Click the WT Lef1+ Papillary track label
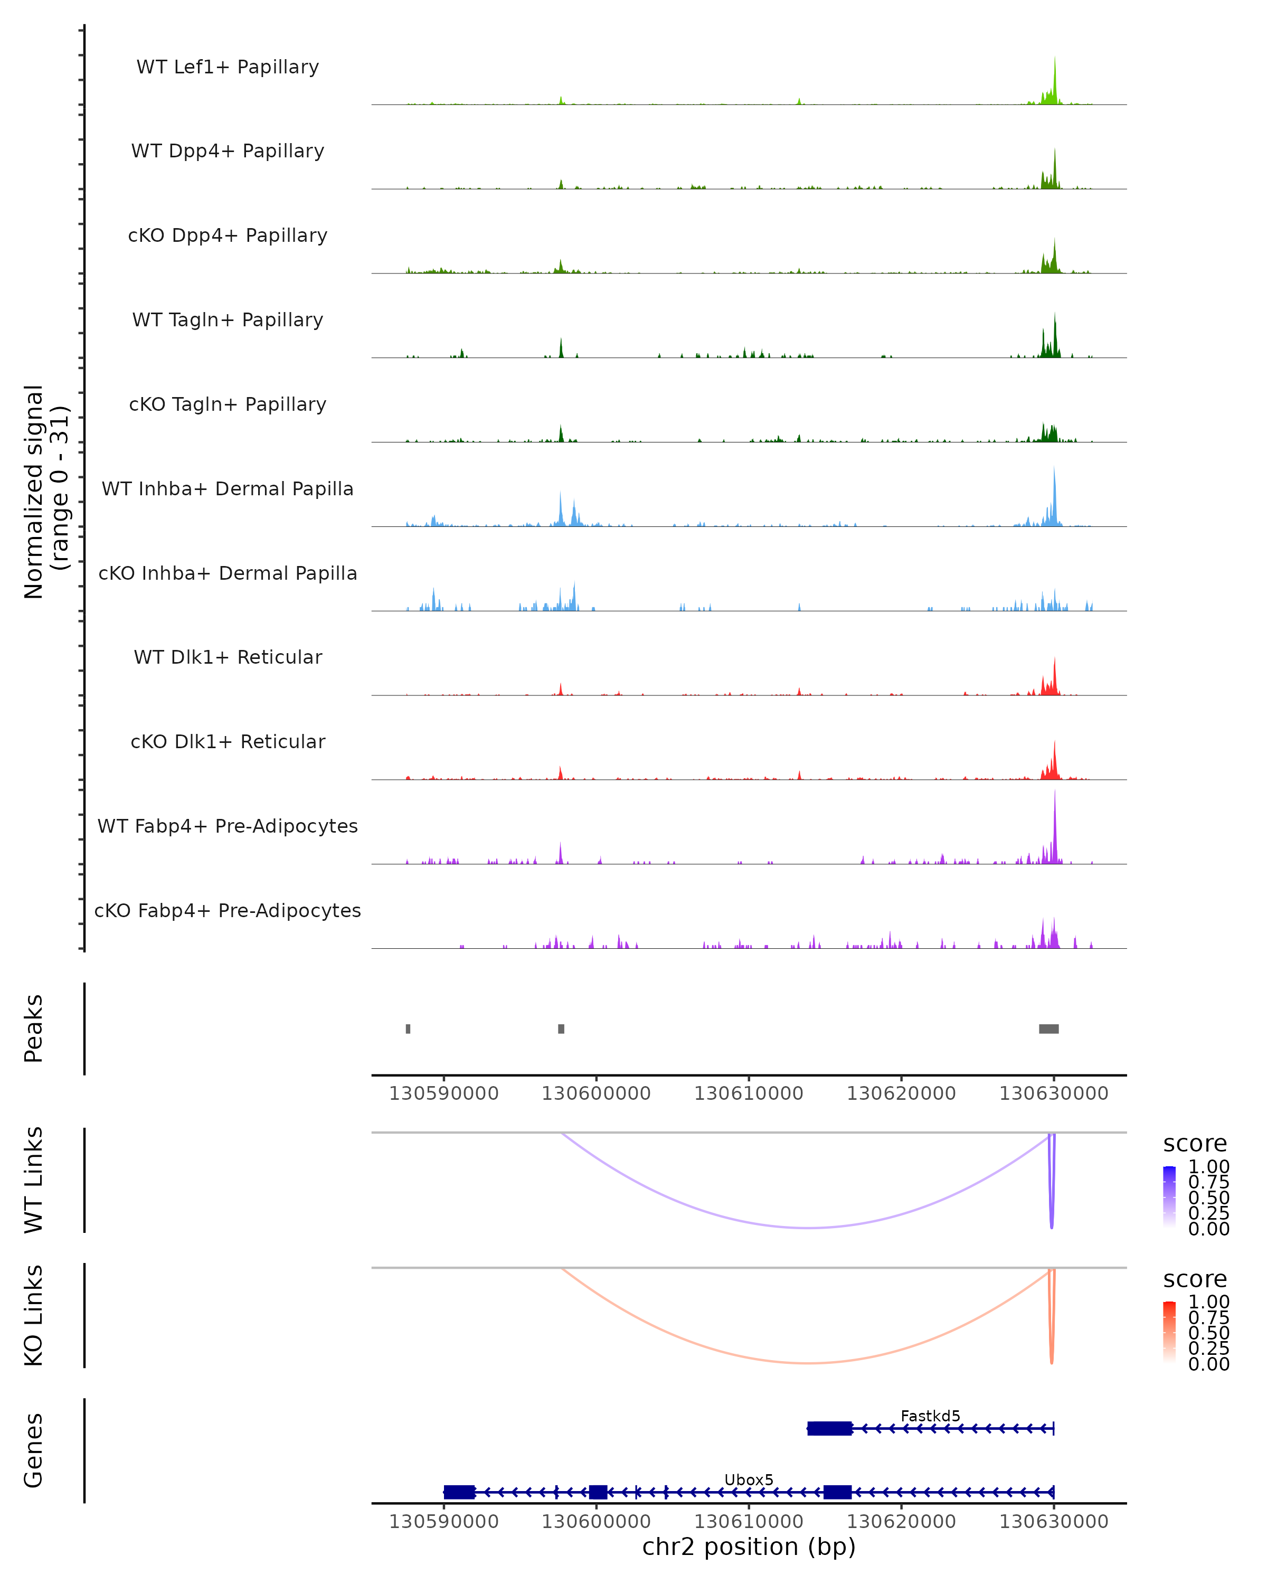pos(228,67)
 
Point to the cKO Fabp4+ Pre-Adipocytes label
pos(228,910)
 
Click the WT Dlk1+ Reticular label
pos(228,657)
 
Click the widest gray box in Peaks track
pos(1049,1029)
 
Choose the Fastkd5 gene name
pos(930,1416)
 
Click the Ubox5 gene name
pos(749,1479)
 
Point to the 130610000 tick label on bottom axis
pos(749,1521)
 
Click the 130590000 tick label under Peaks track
pos(443,1093)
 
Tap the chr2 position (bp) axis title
pos(749,1547)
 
